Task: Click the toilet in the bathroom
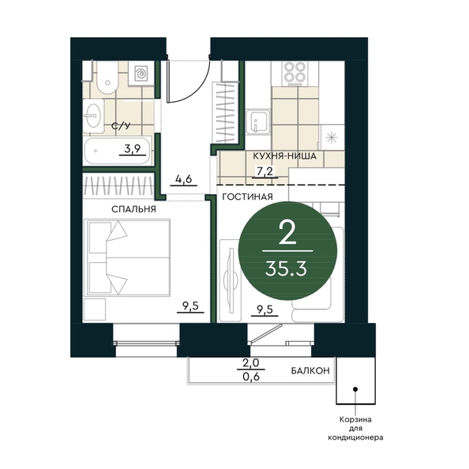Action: [x=107, y=77]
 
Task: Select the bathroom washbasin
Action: [x=93, y=115]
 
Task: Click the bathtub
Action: [x=117, y=151]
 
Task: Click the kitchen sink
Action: [x=258, y=121]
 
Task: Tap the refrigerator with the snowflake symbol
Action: [x=332, y=137]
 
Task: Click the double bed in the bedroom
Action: [x=127, y=257]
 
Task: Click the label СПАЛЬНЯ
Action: [x=133, y=209]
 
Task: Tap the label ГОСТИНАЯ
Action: [x=248, y=197]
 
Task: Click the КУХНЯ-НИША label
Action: [x=284, y=156]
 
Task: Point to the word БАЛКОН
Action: [x=310, y=371]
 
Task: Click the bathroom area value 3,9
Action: [x=133, y=148]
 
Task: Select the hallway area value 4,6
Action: [x=183, y=179]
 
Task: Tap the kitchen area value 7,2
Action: [x=265, y=171]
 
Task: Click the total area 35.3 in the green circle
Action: [x=286, y=269]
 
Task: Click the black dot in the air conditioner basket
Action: [x=355, y=389]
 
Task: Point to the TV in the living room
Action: [x=231, y=280]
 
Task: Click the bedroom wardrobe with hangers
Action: [x=118, y=187]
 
